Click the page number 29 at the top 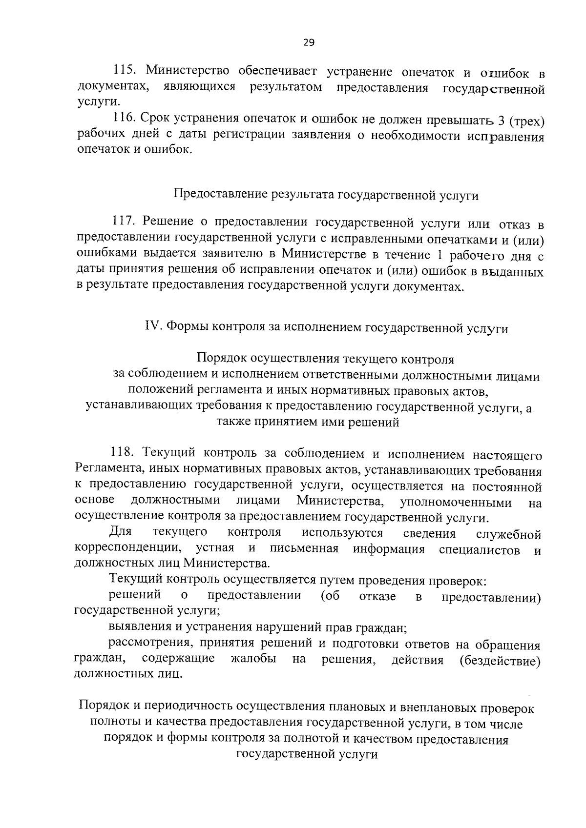pos(309,42)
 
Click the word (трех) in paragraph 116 pos(526,121)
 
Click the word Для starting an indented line pos(120,532)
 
